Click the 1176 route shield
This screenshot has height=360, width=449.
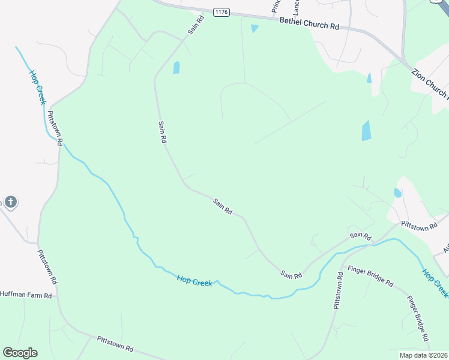pyautogui.click(x=221, y=11)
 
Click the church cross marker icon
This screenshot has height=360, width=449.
pyautogui.click(x=10, y=202)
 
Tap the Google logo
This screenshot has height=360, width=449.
pyautogui.click(x=20, y=353)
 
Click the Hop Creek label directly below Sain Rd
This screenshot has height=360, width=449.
pyautogui.click(x=194, y=280)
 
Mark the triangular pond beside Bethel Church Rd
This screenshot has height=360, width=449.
pyautogui.click(x=255, y=28)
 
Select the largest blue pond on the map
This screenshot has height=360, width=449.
pyautogui.click(x=366, y=130)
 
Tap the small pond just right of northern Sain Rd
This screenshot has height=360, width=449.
pyautogui.click(x=176, y=67)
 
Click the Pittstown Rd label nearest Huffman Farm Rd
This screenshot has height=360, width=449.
pyautogui.click(x=46, y=266)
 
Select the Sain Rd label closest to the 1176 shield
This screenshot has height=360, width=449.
pyautogui.click(x=196, y=25)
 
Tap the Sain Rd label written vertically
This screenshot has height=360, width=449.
pyautogui.click(x=161, y=131)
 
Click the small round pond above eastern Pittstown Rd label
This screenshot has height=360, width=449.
pyautogui.click(x=397, y=193)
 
